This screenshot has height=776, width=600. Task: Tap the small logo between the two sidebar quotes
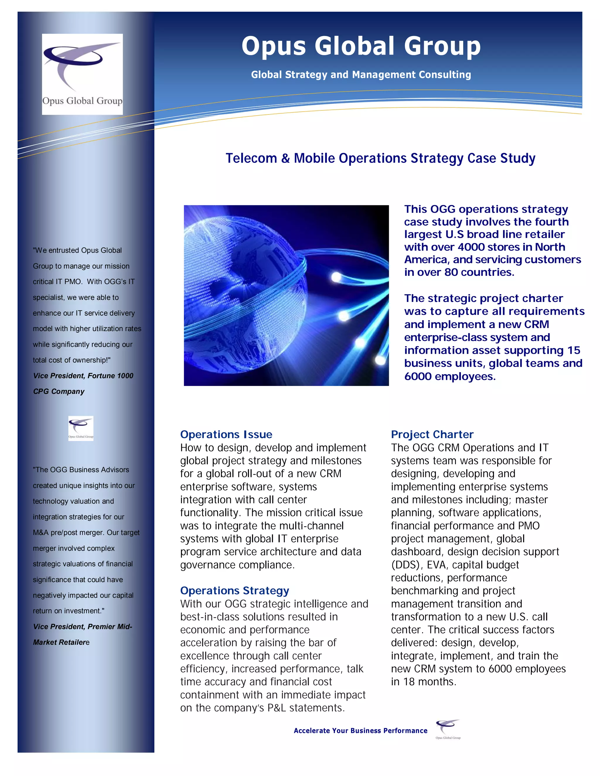pyautogui.click(x=81, y=428)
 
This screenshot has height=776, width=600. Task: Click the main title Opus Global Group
pyautogui.click(x=361, y=46)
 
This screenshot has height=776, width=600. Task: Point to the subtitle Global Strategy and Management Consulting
pyautogui.click(x=361, y=75)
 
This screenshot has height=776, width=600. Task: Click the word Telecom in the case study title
pyautogui.click(x=251, y=158)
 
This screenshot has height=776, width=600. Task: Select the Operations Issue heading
pyautogui.click(x=226, y=434)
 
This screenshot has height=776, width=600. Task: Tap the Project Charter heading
pyautogui.click(x=432, y=434)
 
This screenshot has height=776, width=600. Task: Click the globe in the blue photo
pyautogui.click(x=245, y=295)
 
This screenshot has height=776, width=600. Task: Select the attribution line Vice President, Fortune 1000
pyautogui.click(x=83, y=376)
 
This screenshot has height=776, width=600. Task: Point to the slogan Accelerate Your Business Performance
pyautogui.click(x=360, y=731)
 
